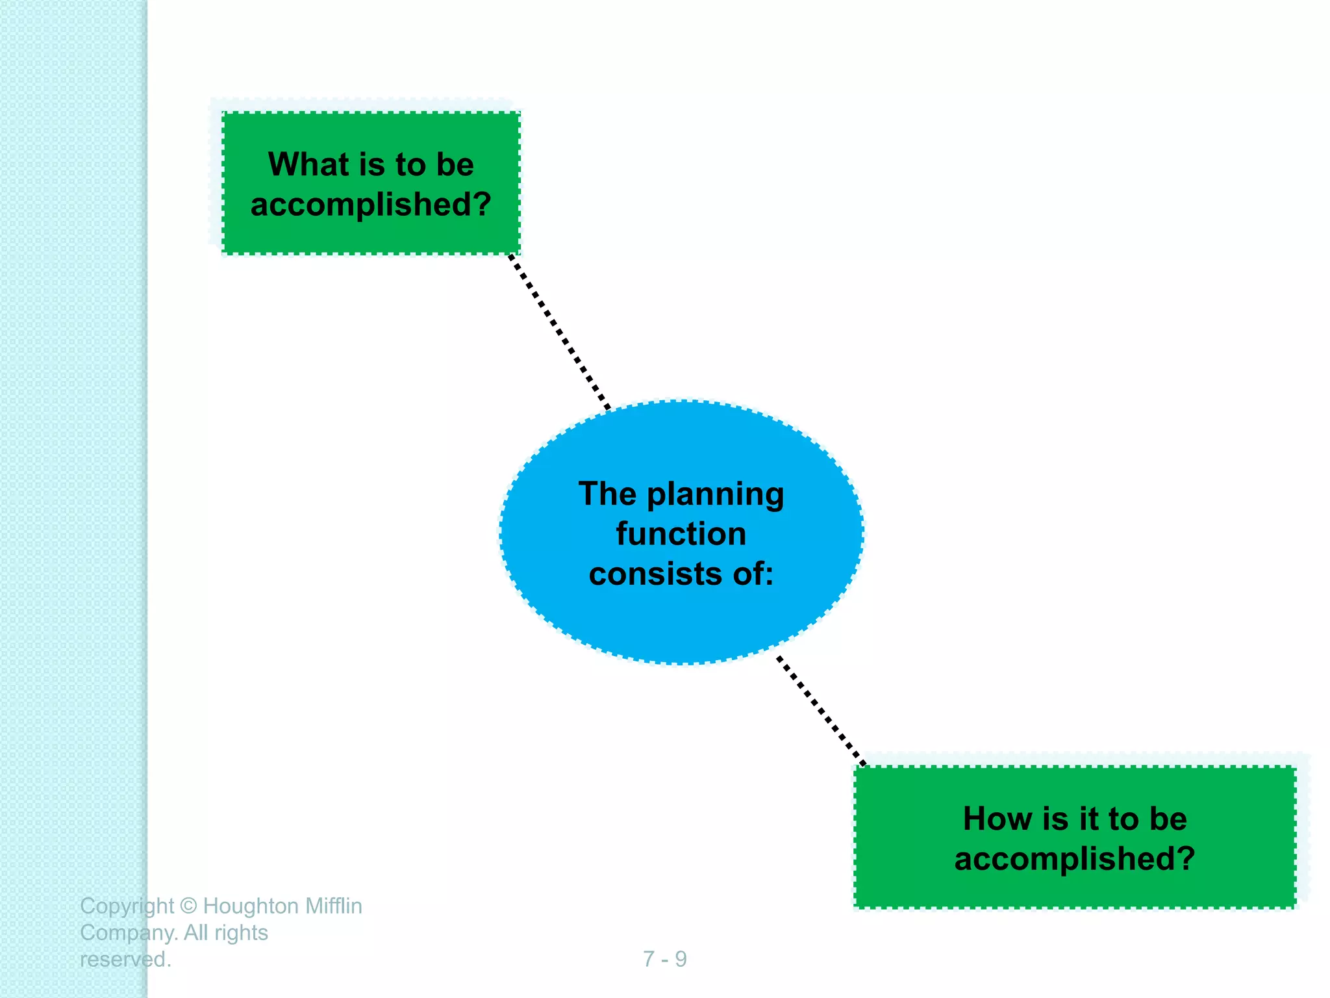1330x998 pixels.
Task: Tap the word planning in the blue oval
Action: point(716,495)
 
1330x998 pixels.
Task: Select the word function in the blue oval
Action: point(681,534)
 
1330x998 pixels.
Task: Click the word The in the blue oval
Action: point(607,494)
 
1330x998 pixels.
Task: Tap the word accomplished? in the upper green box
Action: point(371,205)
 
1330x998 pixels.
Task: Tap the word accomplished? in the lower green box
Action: point(1075,859)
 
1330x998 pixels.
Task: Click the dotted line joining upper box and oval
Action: point(559,331)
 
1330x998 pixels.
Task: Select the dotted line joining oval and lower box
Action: point(821,711)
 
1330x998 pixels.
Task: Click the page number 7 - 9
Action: point(664,959)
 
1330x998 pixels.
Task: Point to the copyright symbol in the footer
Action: point(188,906)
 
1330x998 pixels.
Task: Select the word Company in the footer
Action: point(127,934)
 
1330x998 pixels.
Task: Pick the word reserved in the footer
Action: point(123,960)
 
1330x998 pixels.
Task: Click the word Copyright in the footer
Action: point(127,906)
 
